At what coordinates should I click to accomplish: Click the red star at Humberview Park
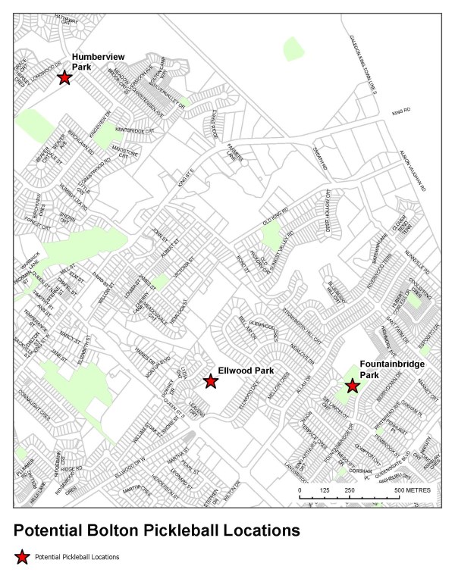[64, 77]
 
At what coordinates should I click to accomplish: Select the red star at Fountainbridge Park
[352, 386]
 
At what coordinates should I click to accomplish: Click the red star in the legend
[23, 557]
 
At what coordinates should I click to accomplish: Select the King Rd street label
[400, 111]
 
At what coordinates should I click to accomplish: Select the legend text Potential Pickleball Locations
[77, 557]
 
